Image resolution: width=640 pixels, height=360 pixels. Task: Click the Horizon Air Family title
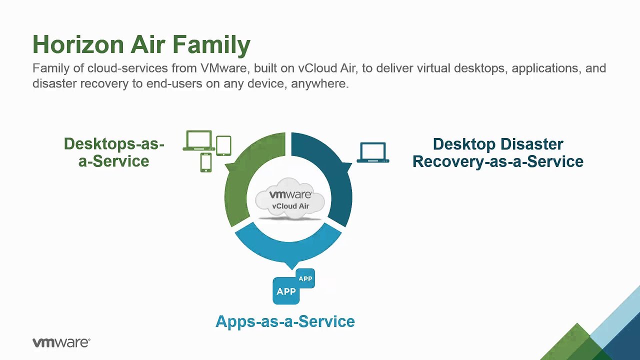point(141,44)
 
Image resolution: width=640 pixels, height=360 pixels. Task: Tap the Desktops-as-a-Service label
point(114,152)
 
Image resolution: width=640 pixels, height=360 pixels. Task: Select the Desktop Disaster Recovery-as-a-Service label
point(497,152)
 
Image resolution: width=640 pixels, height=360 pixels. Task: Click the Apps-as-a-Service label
point(285,321)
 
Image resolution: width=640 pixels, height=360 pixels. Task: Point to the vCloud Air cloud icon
point(290,199)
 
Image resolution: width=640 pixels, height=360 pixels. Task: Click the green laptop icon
point(199,140)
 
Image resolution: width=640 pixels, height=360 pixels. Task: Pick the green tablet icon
point(223,145)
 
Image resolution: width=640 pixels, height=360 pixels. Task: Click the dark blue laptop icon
point(373,152)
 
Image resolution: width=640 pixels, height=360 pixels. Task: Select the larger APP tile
point(286,291)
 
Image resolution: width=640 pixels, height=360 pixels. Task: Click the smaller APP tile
point(305,278)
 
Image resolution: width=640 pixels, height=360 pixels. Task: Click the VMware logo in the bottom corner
point(61,342)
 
